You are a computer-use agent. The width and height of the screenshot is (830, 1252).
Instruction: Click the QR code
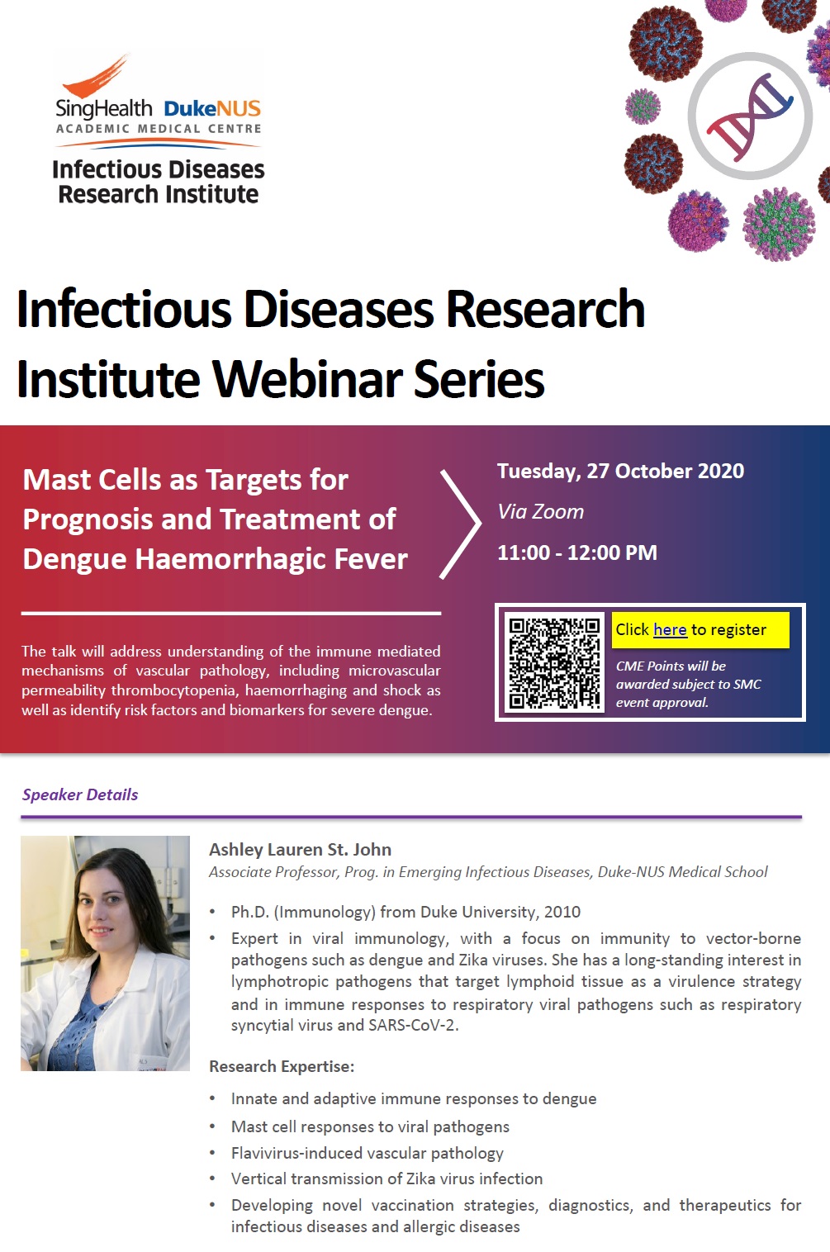pyautogui.click(x=554, y=663)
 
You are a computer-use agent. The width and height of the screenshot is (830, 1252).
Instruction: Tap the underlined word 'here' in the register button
pyautogui.click(x=670, y=630)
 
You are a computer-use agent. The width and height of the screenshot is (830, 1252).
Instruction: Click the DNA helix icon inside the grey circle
pyautogui.click(x=750, y=116)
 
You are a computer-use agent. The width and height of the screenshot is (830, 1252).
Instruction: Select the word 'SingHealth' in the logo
pyautogui.click(x=104, y=108)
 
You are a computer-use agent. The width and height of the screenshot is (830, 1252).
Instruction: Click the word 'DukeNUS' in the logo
pyautogui.click(x=212, y=108)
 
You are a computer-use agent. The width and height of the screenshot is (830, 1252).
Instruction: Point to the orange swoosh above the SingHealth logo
pyautogui.click(x=96, y=77)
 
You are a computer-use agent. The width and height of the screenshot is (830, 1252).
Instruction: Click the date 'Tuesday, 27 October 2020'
pyautogui.click(x=620, y=472)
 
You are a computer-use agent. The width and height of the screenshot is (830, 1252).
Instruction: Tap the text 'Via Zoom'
pyautogui.click(x=540, y=511)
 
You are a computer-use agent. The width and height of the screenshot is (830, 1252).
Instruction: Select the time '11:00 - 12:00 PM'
pyautogui.click(x=577, y=552)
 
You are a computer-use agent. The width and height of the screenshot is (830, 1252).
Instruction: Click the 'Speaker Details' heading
pyautogui.click(x=80, y=794)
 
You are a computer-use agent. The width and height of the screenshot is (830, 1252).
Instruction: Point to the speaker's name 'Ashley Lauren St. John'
pyautogui.click(x=300, y=850)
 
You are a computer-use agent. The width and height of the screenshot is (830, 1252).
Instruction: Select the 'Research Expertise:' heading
pyautogui.click(x=282, y=1066)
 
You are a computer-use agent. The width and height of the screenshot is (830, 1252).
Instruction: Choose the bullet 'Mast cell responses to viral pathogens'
pyautogui.click(x=370, y=1126)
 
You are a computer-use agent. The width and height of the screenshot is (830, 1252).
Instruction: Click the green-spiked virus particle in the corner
pyautogui.click(x=779, y=224)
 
